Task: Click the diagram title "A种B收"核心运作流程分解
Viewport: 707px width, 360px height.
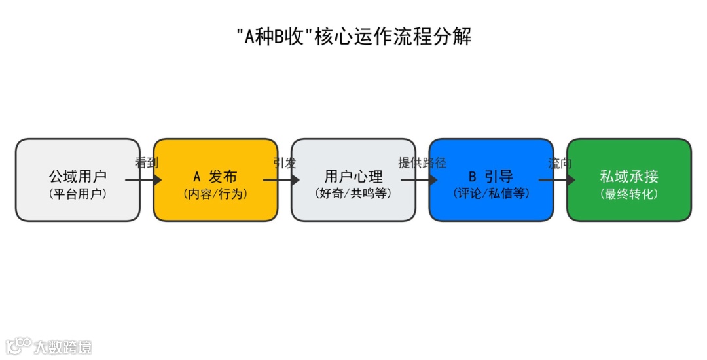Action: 353,37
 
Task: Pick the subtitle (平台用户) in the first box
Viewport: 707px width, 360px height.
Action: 77,194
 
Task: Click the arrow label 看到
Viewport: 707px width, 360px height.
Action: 147,163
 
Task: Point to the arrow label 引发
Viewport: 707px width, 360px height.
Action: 285,163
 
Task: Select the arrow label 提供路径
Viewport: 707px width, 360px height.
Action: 422,163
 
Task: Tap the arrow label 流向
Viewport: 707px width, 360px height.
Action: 560,163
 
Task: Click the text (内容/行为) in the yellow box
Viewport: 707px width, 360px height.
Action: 215,194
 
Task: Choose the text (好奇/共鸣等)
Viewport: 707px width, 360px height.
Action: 353,194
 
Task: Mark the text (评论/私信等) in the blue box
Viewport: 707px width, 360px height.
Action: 491,194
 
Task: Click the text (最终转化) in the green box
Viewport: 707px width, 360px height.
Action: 628,194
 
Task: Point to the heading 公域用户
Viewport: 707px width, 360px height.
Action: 77,177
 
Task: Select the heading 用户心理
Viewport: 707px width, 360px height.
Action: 353,177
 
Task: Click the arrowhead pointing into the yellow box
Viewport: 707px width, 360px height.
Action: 156,180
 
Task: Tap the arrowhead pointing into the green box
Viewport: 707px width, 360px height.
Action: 570,180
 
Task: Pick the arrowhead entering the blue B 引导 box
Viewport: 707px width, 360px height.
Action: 433,180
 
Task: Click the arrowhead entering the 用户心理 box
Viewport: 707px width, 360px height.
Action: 295,180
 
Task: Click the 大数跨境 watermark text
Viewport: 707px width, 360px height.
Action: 63,347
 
